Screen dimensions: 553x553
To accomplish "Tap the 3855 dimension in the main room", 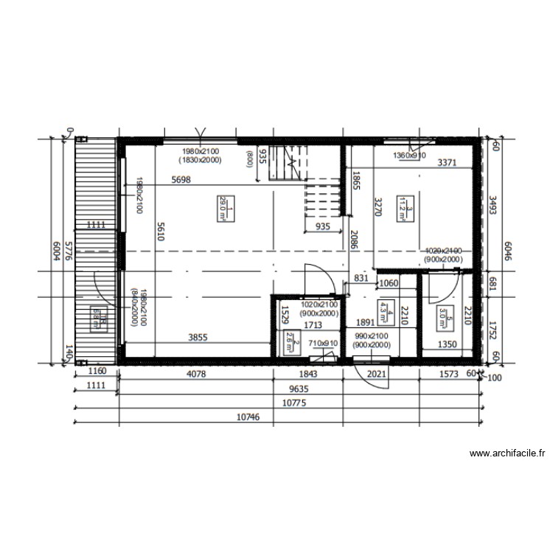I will click(198, 338).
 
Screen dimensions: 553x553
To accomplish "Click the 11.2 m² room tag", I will click(403, 206).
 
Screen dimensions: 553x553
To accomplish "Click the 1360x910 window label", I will click(409, 156).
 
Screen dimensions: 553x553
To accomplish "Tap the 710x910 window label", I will click(322, 344).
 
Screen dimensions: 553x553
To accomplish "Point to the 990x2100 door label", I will click(370, 336).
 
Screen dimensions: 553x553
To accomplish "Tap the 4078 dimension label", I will click(195, 374).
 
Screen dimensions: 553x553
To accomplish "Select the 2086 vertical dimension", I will click(355, 240).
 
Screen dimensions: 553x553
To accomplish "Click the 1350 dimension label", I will click(449, 344).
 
